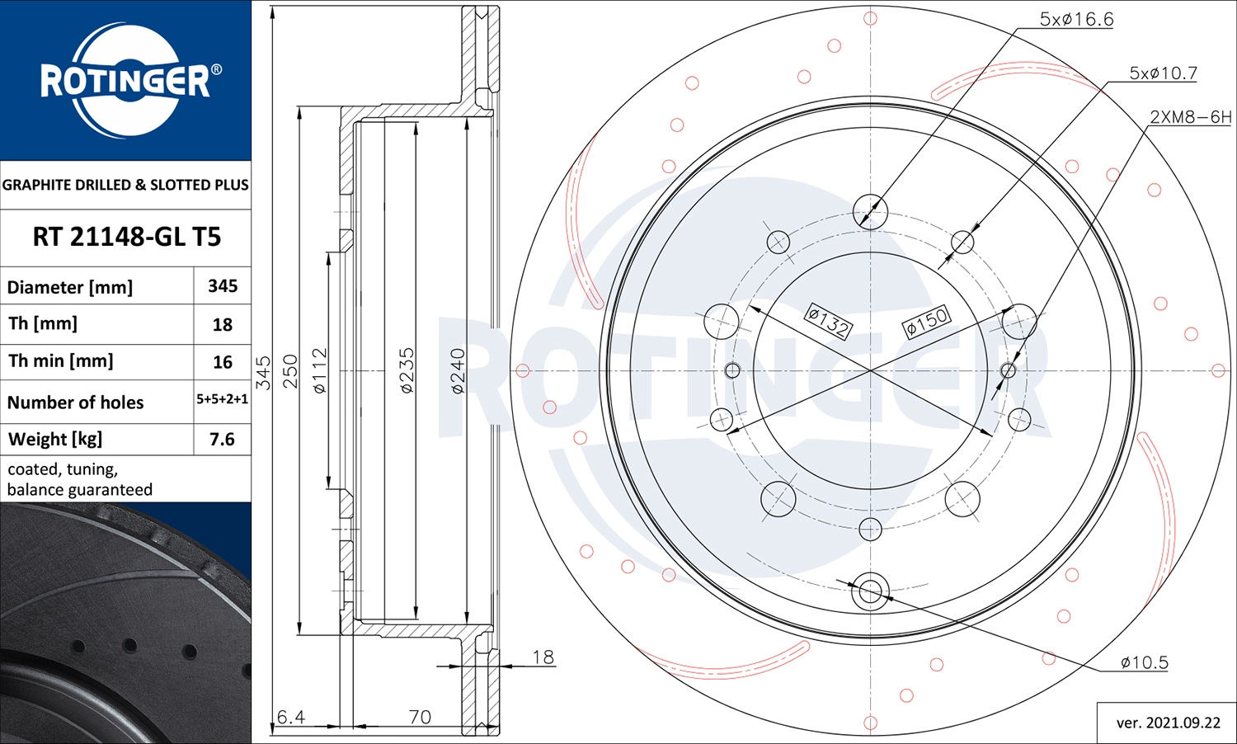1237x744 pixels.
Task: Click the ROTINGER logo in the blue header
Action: pos(126,80)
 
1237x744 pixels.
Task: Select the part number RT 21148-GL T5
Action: pos(126,238)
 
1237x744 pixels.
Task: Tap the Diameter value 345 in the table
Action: pos(223,286)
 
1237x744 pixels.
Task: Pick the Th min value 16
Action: pos(223,362)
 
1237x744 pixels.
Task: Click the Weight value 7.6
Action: pos(222,440)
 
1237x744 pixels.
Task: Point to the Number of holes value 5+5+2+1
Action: pos(222,399)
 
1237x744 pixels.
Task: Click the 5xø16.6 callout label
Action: pos(1075,19)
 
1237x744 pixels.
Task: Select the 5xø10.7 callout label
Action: pos(1163,73)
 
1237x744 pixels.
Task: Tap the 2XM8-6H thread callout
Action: pos(1190,117)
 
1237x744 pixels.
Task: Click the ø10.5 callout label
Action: pos(1144,662)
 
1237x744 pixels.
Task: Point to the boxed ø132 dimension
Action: pos(827,322)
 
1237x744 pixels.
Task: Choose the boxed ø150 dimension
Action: pos(927,321)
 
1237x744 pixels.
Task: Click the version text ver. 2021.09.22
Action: pos(1168,723)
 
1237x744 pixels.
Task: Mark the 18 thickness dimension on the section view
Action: pos(543,657)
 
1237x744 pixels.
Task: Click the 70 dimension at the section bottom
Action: pos(420,717)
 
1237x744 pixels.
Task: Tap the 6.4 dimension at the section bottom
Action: pos(290,717)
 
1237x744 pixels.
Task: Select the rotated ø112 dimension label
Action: pos(320,370)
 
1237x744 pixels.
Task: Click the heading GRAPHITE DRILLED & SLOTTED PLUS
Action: pos(125,185)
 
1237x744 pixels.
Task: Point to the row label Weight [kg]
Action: pos(55,440)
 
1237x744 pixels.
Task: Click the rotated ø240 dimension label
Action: pos(458,370)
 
